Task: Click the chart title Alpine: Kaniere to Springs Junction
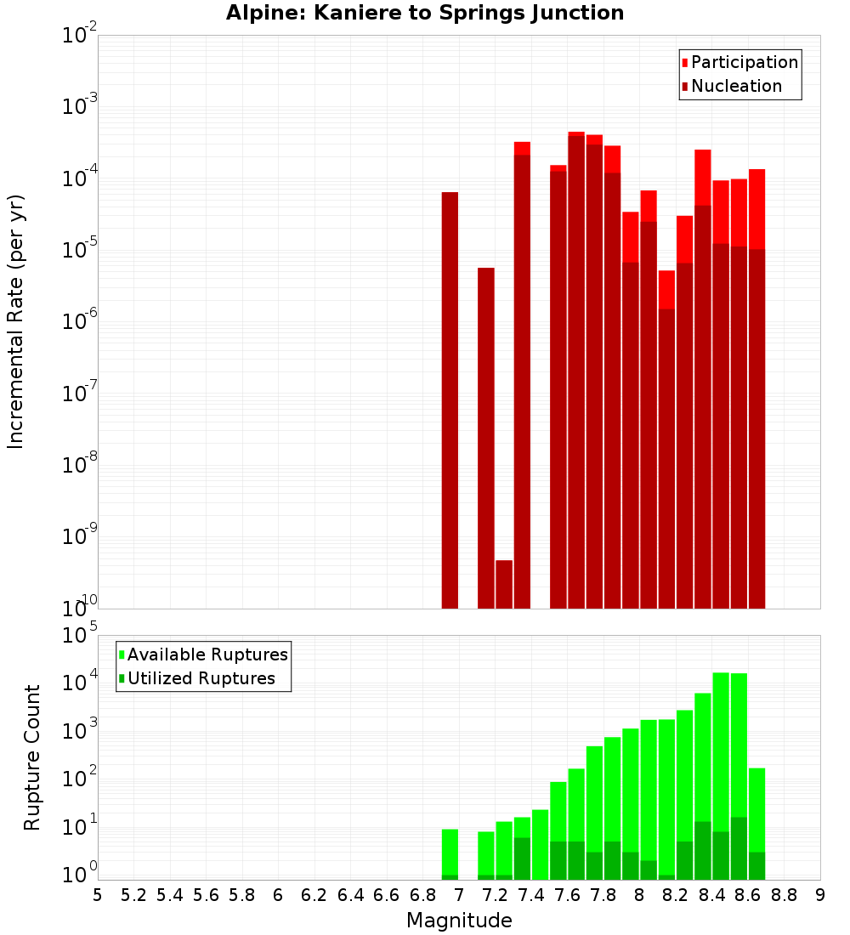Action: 425,13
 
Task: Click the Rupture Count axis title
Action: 32,756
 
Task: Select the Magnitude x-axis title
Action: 459,920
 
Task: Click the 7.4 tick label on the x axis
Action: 531,895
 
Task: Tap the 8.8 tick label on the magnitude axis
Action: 784,895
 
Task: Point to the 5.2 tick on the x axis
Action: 133,895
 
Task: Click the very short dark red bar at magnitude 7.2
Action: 504,585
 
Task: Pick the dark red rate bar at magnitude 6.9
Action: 450,399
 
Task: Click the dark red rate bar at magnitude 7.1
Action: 486,438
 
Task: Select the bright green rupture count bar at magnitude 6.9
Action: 450,850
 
